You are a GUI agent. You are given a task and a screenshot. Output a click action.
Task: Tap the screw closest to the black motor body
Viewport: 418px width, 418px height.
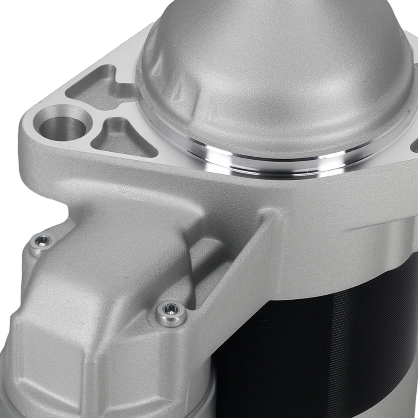click(x=171, y=311)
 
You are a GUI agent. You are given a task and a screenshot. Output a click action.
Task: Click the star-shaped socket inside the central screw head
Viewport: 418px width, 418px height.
click(x=171, y=310)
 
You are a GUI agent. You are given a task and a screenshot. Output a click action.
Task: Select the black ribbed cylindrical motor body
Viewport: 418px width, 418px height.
click(x=318, y=343)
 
